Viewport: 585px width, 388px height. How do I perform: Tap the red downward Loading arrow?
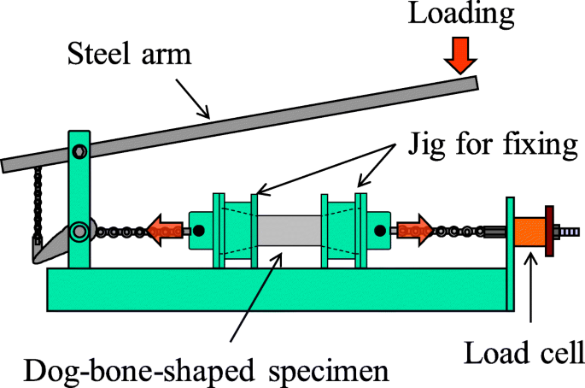pos(462,57)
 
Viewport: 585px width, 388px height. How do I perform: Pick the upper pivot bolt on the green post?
pos(79,153)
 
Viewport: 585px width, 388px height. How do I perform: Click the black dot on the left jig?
pos(198,230)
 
